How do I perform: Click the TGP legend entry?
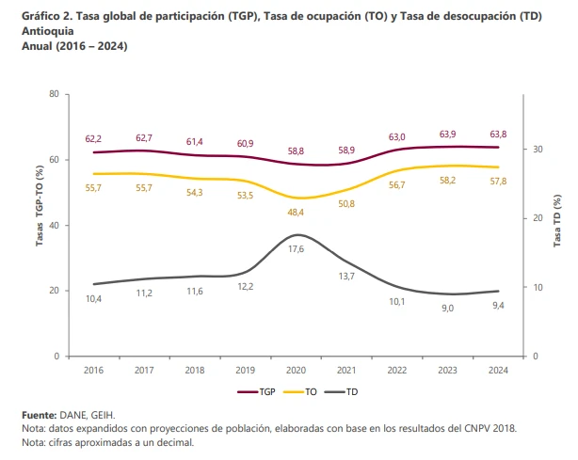(258, 391)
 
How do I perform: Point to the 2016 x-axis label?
(93, 371)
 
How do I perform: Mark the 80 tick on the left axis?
(55, 94)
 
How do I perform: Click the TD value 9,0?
(447, 307)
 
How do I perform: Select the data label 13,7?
(345, 276)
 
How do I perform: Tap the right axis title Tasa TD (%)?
(558, 223)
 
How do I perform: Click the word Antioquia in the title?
(48, 31)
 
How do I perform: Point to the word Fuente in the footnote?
(39, 415)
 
